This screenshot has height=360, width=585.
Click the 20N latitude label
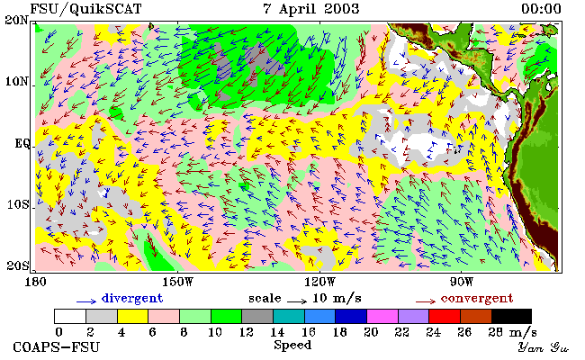tap(16, 20)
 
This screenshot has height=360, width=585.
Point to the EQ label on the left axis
tap(22, 144)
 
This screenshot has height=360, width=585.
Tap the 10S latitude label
tap(18, 205)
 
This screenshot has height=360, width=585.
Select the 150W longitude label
tap(178, 282)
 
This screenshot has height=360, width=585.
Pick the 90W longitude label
tap(462, 282)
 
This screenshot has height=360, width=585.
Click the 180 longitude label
tap(35, 282)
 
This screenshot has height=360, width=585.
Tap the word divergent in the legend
tap(132, 299)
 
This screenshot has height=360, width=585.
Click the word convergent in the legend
tap(477, 299)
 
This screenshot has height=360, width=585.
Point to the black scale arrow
tap(297, 301)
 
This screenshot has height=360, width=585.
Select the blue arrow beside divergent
tap(86, 301)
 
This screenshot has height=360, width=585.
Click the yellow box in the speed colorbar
tap(133, 317)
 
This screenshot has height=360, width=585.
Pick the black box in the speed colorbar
tap(511, 317)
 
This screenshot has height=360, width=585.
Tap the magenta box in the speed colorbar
tap(382, 317)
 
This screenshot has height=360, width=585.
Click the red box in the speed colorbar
tap(445, 317)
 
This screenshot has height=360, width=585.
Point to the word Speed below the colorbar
tap(292, 345)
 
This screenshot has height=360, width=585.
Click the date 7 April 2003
tap(311, 8)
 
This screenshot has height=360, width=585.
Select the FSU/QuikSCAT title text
tap(85, 9)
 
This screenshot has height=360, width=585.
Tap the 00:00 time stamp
tap(541, 8)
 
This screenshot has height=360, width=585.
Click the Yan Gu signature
tap(544, 347)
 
